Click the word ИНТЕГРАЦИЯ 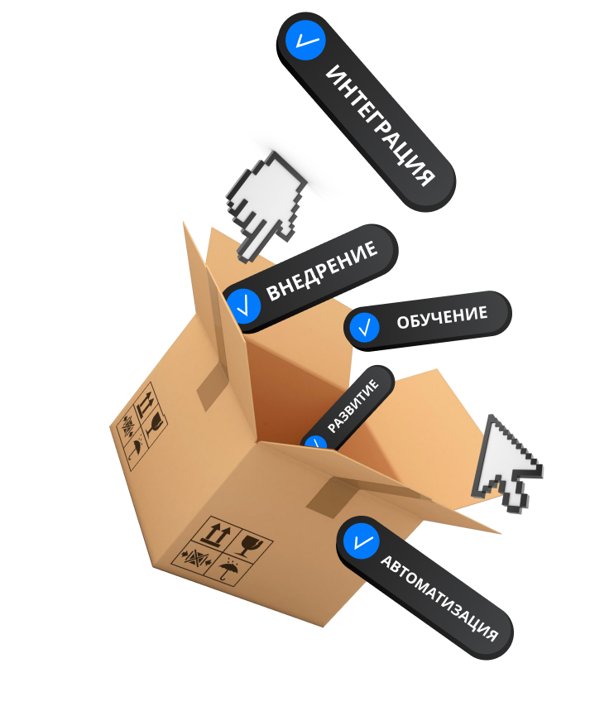(x=380, y=125)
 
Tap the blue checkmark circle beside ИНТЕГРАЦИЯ (x=304, y=39)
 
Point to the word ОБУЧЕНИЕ (x=442, y=316)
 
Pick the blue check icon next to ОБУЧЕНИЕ (x=364, y=328)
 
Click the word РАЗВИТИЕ (x=353, y=406)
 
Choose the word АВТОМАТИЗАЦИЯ (x=439, y=597)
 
